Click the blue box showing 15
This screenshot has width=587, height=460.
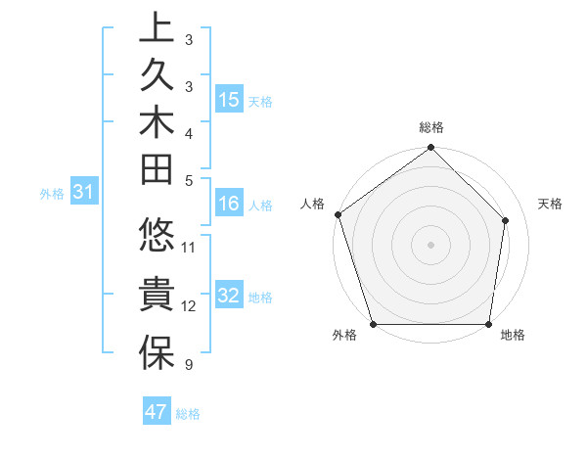(x=230, y=99)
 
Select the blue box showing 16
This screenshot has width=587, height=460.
(x=230, y=204)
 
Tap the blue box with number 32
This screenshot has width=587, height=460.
(x=230, y=296)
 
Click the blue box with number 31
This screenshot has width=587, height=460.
(x=84, y=193)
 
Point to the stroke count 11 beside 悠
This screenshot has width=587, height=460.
(x=189, y=248)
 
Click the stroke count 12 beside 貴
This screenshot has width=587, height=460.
(x=189, y=306)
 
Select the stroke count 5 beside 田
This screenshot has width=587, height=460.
(x=188, y=180)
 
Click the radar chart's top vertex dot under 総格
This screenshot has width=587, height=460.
(x=431, y=148)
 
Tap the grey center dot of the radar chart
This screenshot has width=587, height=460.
(x=431, y=244)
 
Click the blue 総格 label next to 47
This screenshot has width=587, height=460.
(x=189, y=414)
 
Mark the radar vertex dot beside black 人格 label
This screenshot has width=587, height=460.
(x=339, y=214)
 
